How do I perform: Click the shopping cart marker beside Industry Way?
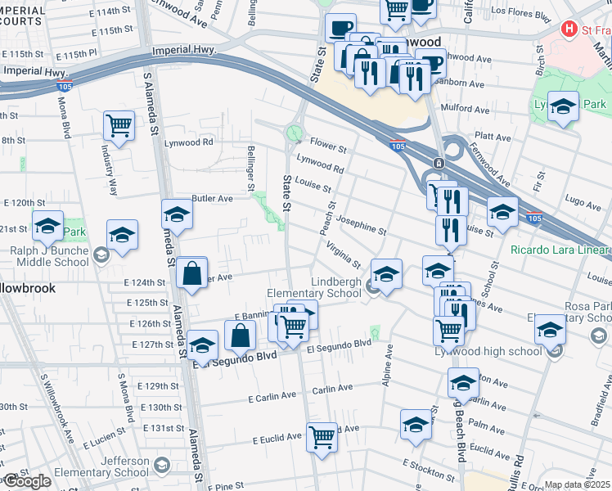pos(119,126)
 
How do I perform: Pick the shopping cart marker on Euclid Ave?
pos(322,436)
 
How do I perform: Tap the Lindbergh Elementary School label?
pos(314,287)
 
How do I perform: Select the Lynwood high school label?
pos(502,351)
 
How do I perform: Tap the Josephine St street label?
pos(361,226)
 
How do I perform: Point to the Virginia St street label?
pos(343,254)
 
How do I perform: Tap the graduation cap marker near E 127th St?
pos(202,346)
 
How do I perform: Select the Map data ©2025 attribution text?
pos(578,484)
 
